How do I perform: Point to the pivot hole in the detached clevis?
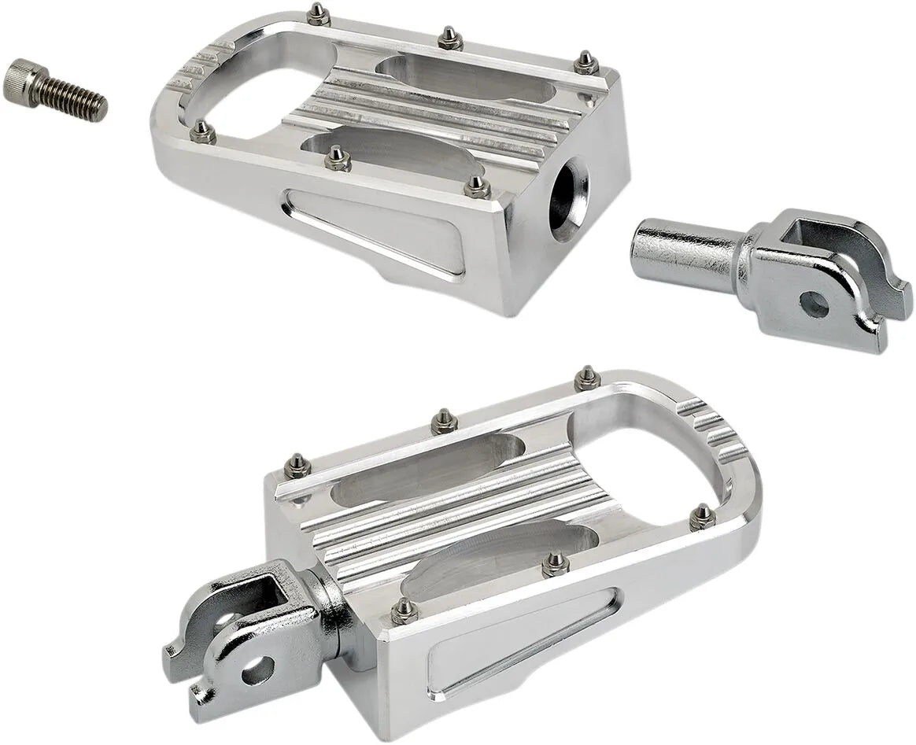(x=814, y=304)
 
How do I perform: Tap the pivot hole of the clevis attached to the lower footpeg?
(x=257, y=670)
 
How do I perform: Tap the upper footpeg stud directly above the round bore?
(x=585, y=64)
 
